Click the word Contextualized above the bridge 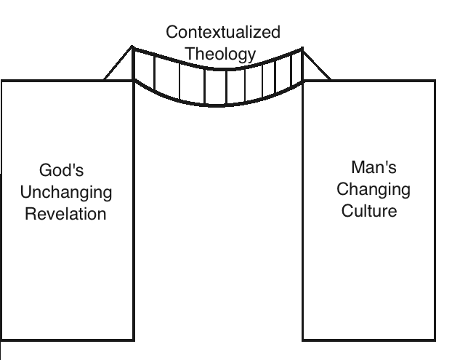pos(223,33)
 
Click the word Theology pos(221,53)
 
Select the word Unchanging pos(66,193)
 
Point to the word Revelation pos(66,214)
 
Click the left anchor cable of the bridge pos(118,64)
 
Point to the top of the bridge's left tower pos(132,47)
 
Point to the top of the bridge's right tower pos(302,48)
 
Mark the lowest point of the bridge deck pos(217,106)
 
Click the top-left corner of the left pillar pos(1,80)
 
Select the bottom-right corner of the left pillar pos(134,340)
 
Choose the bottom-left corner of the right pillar pos(302,340)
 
